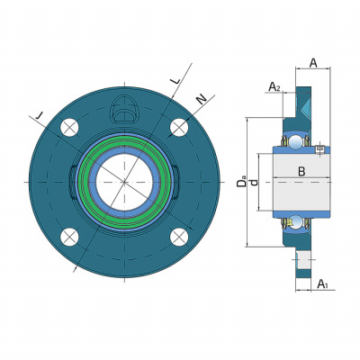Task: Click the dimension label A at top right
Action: (x=313, y=63)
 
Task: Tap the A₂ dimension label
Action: (x=274, y=86)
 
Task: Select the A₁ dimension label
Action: (x=322, y=283)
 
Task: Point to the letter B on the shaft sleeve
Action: (x=301, y=172)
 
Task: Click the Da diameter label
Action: (x=241, y=183)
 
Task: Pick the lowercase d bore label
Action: (x=255, y=183)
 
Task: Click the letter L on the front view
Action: (x=175, y=80)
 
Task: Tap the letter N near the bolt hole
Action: (x=202, y=99)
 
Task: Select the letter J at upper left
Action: (x=39, y=115)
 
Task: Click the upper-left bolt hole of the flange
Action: (x=69, y=128)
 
